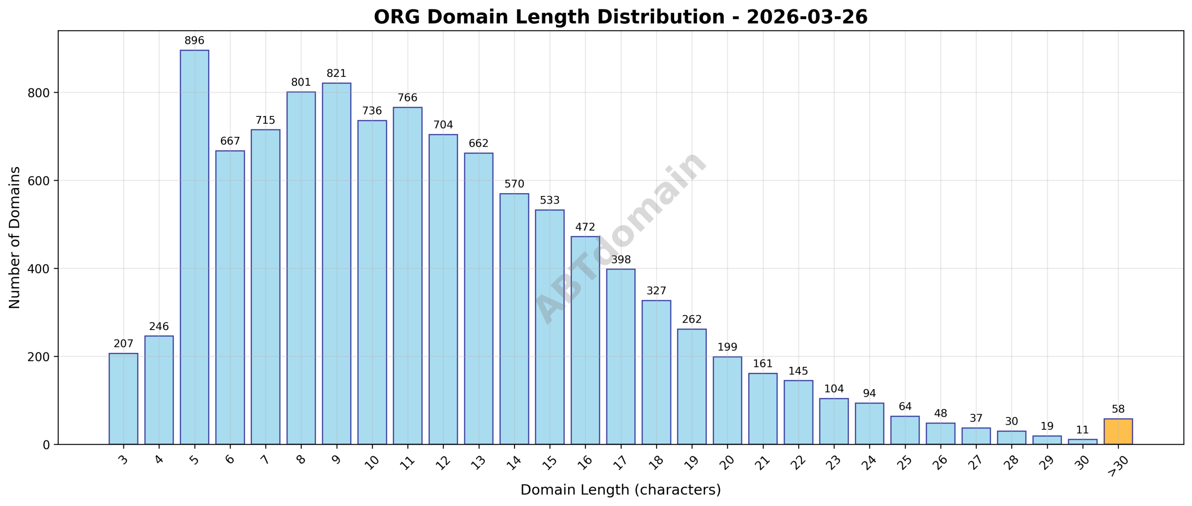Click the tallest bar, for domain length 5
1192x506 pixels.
(194, 247)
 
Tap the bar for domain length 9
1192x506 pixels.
(336, 263)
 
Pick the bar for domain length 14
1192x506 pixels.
(514, 319)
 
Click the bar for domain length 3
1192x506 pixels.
(123, 398)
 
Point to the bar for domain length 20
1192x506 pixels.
(727, 400)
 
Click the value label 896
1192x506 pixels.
(194, 41)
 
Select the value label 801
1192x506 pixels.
(301, 82)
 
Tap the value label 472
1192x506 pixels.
(585, 227)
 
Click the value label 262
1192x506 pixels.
(691, 319)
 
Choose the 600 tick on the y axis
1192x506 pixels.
(39, 181)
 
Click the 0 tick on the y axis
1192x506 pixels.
(46, 445)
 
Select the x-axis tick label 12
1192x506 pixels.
(443, 462)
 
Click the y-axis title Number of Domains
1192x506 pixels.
(15, 237)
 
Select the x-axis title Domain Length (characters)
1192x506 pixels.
(620, 490)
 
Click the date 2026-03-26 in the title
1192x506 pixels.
(807, 17)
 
